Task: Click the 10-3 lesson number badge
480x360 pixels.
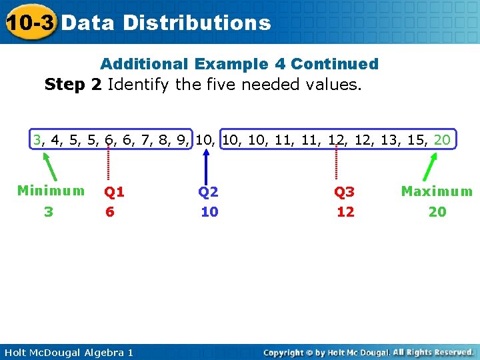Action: (29, 23)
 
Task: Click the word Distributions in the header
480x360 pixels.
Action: (197, 23)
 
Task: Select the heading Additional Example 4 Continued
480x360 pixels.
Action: (239, 64)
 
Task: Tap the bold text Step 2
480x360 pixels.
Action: (73, 85)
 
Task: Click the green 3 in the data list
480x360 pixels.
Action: (38, 140)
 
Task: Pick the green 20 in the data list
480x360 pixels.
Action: (441, 140)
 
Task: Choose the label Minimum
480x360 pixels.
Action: (51, 191)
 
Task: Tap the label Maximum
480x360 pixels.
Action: (437, 192)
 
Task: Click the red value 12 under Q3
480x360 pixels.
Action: (345, 212)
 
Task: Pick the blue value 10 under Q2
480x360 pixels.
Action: (209, 212)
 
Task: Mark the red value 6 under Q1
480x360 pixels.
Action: (109, 212)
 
